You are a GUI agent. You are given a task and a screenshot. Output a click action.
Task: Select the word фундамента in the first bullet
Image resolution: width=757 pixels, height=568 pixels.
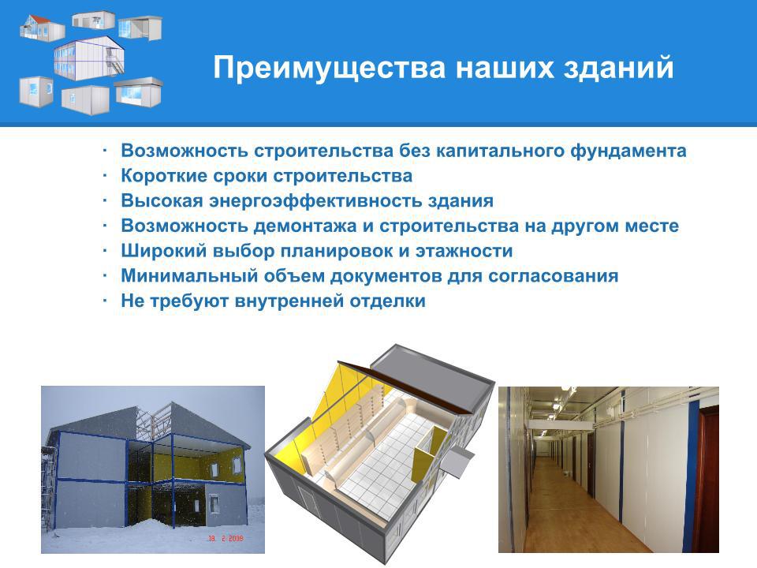coord(628,151)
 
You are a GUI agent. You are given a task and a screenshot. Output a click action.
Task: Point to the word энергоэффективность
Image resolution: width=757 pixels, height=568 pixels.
coord(315,200)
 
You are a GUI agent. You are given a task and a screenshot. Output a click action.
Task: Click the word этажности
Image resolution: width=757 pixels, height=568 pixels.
coord(464,251)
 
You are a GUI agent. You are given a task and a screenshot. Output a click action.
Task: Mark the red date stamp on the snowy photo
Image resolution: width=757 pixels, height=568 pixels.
coord(226,538)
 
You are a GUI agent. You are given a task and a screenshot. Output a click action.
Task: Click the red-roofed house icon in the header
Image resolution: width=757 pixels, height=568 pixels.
coord(42,28)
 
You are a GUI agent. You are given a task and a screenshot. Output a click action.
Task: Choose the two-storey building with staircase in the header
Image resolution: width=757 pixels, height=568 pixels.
coord(89,57)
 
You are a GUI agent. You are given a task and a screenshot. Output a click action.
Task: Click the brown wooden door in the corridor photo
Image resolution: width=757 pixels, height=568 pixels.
coord(705,478)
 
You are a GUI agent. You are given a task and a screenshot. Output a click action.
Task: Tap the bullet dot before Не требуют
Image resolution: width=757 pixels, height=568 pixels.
coord(104,301)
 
